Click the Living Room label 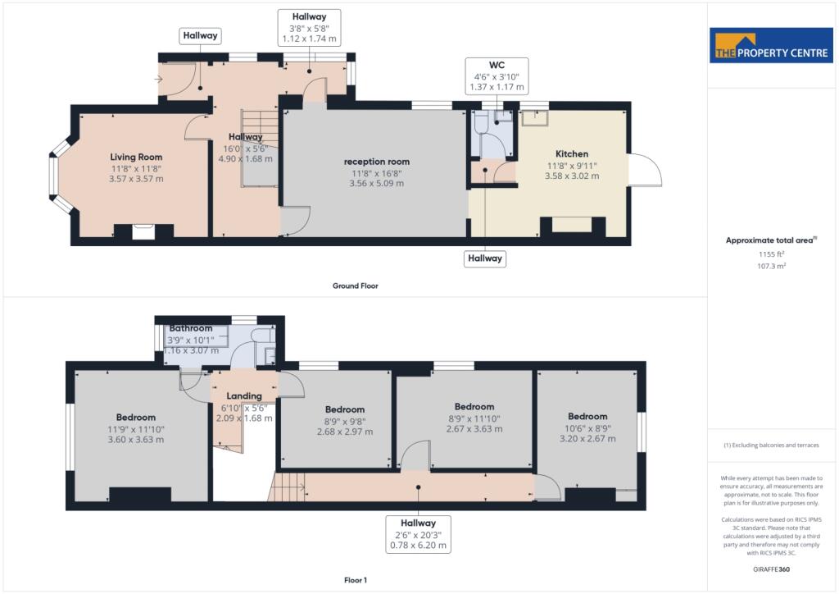pos(137,157)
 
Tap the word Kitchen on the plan pos(572,153)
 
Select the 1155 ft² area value pos(771,254)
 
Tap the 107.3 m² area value pos(771,266)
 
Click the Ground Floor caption pos(355,286)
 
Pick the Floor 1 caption pos(355,580)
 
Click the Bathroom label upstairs pos(191,328)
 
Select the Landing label pos(244,395)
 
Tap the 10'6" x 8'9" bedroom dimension pos(587,427)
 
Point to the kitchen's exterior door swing pos(646,170)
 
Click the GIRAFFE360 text pos(771,569)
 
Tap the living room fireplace pos(143,232)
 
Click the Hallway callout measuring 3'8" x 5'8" pos(309,27)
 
